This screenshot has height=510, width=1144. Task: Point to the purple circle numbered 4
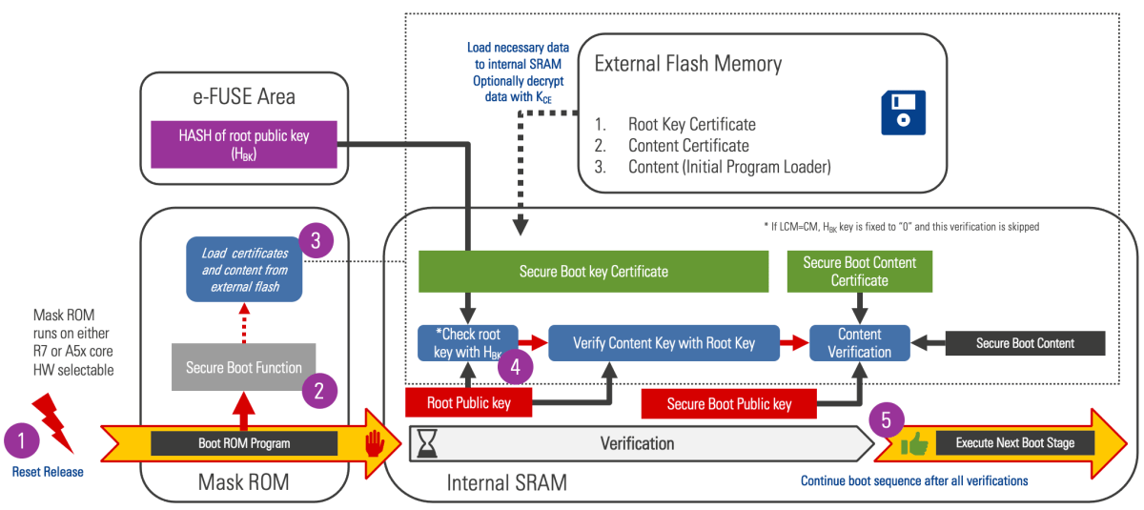point(515,365)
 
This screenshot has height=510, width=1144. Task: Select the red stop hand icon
point(373,442)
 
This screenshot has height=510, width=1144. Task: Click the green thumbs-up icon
point(916,442)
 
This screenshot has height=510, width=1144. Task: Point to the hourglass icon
point(429,443)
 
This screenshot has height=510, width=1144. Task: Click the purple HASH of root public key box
point(242,144)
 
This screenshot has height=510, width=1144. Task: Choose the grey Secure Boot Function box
point(244,368)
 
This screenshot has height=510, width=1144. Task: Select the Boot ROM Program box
point(244,443)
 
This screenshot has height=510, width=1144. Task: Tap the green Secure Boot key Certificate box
point(593,272)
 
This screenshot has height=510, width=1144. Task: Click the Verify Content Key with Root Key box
point(664,343)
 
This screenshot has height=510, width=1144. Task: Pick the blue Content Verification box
point(859,343)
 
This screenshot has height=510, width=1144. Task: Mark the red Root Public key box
point(468,403)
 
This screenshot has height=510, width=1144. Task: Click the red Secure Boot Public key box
point(729,404)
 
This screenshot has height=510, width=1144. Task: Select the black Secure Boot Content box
point(1025,343)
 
